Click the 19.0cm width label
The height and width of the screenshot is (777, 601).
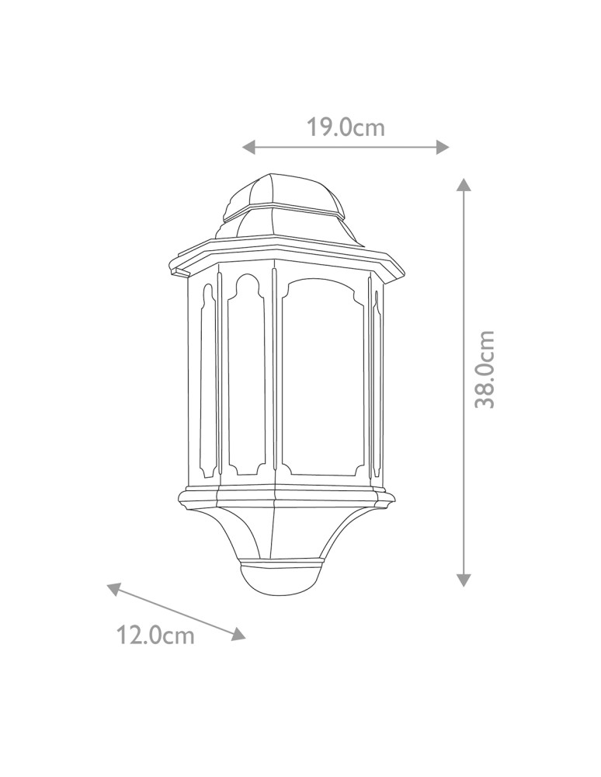coord(345,127)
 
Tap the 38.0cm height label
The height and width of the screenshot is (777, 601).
coord(485,369)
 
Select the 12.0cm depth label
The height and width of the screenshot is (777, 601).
coord(155,636)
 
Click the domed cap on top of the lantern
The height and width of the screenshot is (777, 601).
coord(280,194)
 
